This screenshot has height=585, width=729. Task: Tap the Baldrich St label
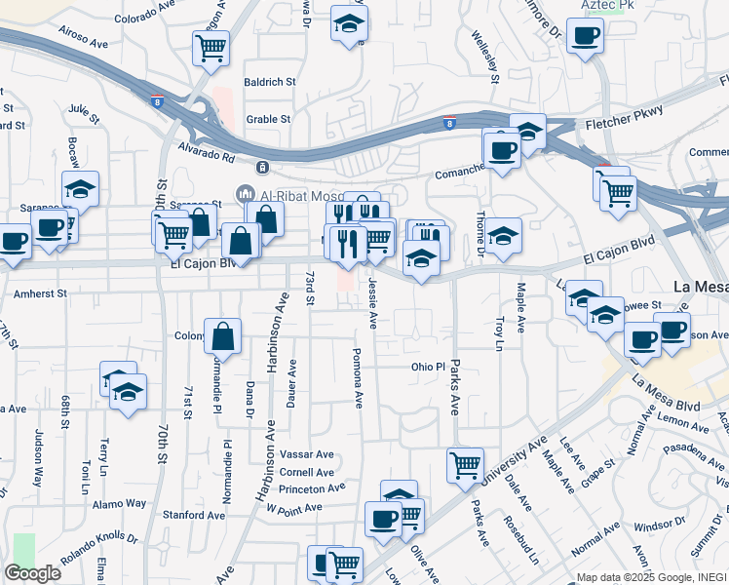click(x=270, y=83)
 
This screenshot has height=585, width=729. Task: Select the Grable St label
click(x=269, y=120)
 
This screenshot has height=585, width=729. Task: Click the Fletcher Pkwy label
click(x=624, y=125)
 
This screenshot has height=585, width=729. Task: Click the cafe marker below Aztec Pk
click(x=585, y=37)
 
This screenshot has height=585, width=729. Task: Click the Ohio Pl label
click(x=427, y=368)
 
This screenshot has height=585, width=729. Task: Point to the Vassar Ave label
click(x=306, y=454)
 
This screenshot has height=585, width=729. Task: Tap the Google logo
click(x=32, y=573)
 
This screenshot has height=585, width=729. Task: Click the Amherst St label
click(x=40, y=292)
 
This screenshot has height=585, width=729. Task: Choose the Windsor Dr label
click(x=659, y=526)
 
